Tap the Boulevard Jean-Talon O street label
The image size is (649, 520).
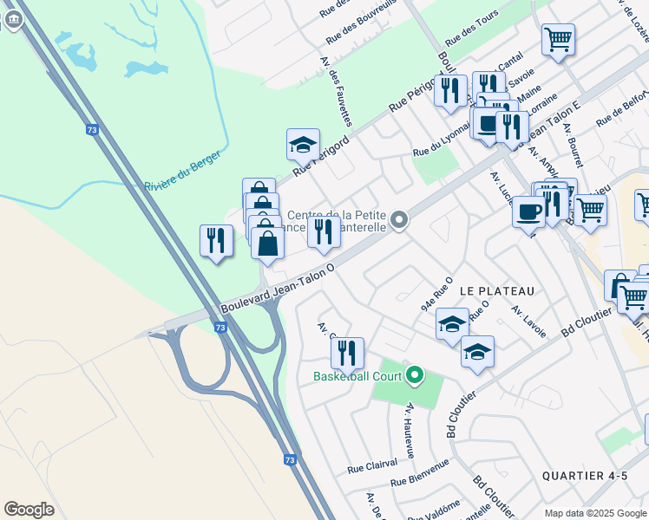pyautogui.click(x=277, y=290)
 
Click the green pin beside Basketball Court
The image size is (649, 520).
pyautogui.click(x=415, y=375)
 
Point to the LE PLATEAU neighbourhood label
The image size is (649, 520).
pyautogui.click(x=496, y=290)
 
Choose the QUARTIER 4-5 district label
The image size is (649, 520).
pyautogui.click(x=583, y=476)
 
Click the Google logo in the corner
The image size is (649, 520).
pyautogui.click(x=29, y=510)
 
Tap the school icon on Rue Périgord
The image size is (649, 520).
pyautogui.click(x=303, y=145)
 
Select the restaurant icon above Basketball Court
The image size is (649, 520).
pyautogui.click(x=346, y=353)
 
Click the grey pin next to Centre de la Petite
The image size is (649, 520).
pyautogui.click(x=399, y=220)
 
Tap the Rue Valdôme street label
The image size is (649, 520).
pyautogui.click(x=434, y=510)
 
